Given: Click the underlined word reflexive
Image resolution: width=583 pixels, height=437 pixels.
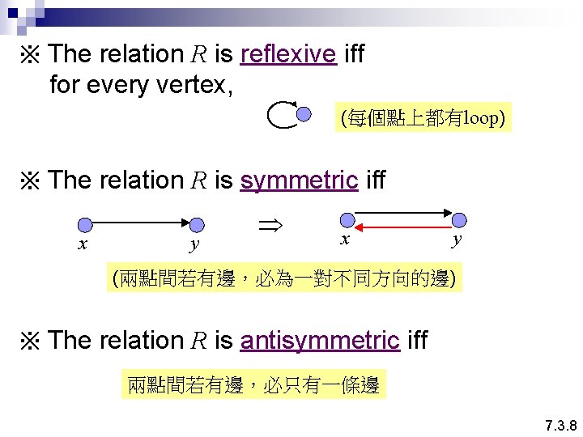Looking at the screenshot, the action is pos(288,55).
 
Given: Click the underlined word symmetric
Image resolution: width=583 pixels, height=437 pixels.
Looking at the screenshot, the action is pos(299,180).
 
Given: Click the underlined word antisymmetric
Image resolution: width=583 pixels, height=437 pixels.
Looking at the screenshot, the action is pos(320,341).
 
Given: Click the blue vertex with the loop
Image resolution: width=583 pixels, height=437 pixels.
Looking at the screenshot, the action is pos(303,115).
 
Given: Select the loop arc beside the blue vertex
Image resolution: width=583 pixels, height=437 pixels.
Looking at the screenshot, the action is pos(280,116).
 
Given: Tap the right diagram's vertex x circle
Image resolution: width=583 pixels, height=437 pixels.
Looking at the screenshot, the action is pos(347,219).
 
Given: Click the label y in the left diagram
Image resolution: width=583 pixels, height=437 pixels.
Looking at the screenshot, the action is pos(194,244).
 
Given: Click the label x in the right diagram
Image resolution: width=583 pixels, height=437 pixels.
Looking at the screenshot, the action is pos(345,239).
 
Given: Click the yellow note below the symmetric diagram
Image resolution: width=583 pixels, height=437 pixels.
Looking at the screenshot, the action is pos(284,280).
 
